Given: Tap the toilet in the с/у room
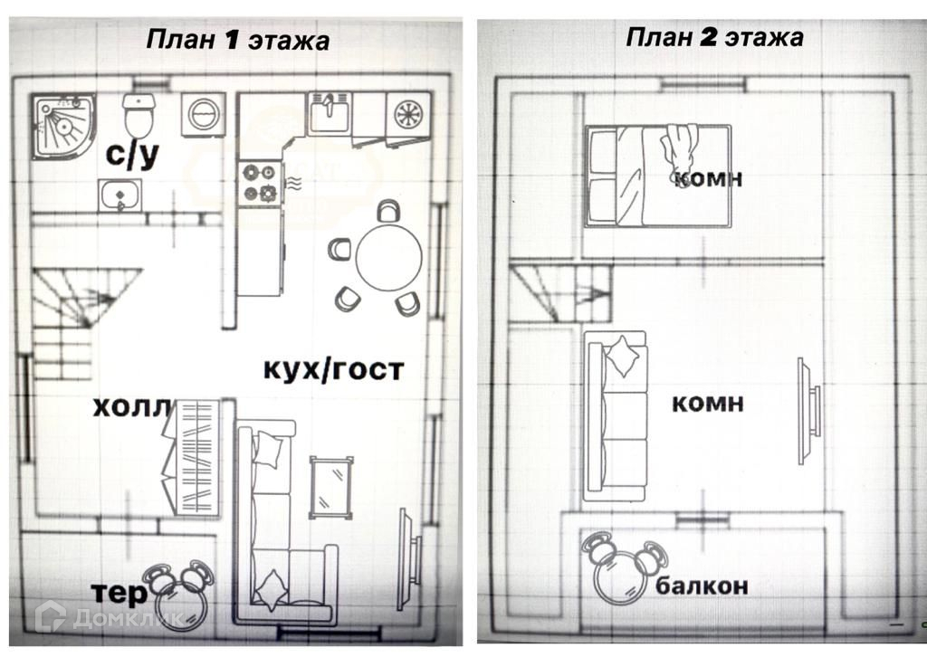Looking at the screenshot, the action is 138,115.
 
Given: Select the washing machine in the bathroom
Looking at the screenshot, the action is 203,115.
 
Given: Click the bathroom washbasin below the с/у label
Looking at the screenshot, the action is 119,195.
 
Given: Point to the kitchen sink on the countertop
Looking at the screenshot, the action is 330,114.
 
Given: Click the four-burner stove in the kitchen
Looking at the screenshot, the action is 259,181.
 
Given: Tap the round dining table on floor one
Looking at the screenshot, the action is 389,258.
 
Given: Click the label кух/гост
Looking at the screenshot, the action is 333,369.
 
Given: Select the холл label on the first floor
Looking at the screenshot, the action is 132,407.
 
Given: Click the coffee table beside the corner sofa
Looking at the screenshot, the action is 330,487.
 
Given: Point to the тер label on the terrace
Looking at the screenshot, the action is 119,593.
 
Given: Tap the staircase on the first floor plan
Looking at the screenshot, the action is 77,321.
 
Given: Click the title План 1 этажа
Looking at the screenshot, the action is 238,40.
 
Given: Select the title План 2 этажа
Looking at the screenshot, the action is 715,37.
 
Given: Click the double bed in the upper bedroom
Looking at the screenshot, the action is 657,176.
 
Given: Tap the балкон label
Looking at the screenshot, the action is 702,586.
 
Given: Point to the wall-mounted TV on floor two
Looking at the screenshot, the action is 808,411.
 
